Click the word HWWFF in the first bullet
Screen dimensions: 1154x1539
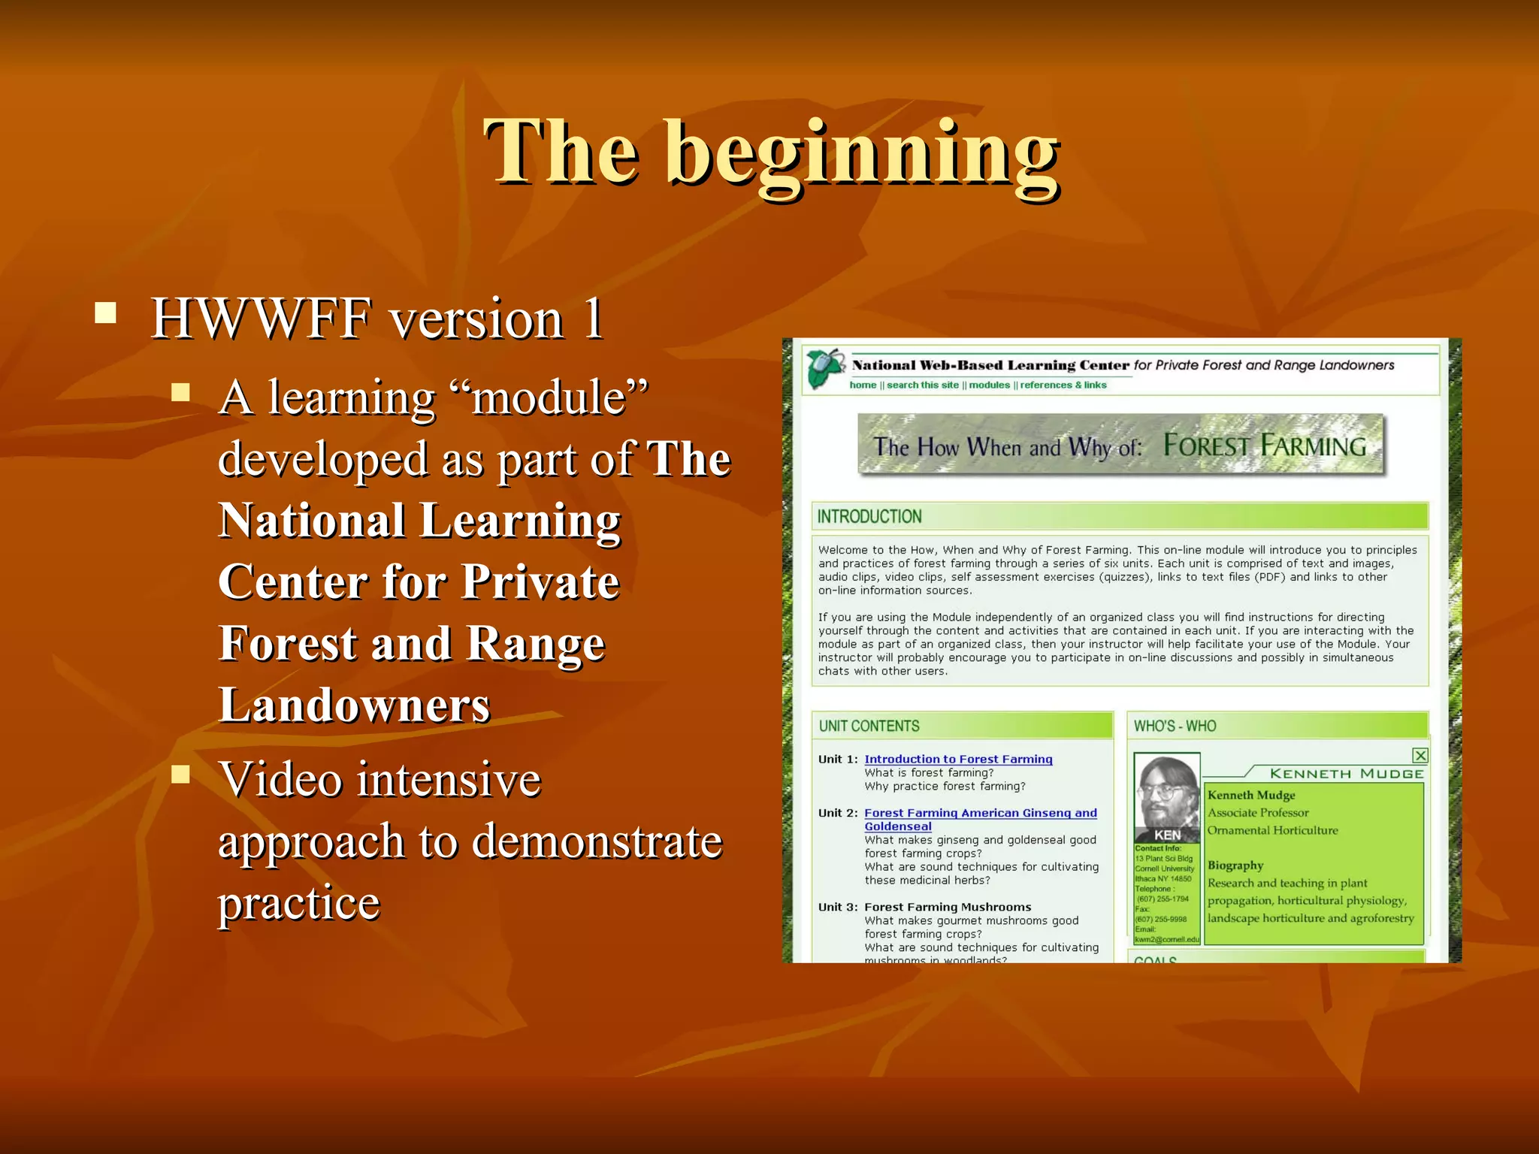coord(261,319)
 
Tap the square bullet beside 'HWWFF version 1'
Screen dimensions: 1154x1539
coord(106,313)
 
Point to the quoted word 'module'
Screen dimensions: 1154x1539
coord(549,397)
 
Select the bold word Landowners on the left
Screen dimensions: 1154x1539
coord(354,705)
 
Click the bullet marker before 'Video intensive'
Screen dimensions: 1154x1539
coord(180,774)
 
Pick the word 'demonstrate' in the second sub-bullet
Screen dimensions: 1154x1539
coord(597,841)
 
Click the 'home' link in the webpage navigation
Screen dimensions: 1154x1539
coord(863,385)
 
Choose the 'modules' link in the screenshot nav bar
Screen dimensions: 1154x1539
coord(989,385)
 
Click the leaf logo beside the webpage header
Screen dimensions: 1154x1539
coord(825,368)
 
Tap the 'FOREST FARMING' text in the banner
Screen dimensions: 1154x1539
coord(1264,446)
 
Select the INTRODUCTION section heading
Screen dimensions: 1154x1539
coord(869,517)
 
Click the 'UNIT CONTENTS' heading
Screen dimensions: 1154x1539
coord(869,727)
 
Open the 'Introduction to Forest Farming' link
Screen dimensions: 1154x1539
coord(958,760)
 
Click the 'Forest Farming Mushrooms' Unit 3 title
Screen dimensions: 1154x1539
coord(948,908)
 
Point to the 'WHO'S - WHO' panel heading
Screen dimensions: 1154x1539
coord(1175,727)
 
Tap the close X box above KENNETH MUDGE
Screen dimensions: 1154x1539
coord(1420,756)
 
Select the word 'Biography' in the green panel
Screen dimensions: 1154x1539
coord(1235,865)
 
